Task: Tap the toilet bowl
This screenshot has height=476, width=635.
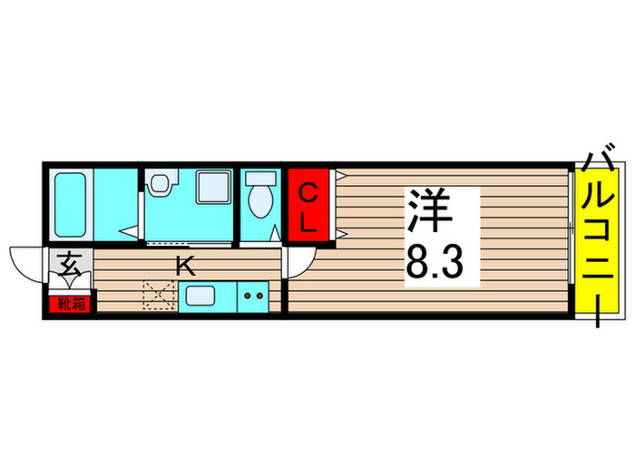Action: pos(259,199)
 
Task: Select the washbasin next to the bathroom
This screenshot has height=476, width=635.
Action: pos(161,184)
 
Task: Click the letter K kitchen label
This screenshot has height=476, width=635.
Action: pos(184,266)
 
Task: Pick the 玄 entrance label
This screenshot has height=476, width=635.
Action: pos(69,266)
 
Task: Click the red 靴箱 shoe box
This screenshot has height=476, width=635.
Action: pos(69,304)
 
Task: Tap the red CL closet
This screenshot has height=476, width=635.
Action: pos(308,207)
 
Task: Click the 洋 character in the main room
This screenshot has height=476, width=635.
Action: pos(432,214)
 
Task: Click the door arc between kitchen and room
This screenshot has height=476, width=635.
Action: pos(299,263)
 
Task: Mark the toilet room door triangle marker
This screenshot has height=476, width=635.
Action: pos(275,234)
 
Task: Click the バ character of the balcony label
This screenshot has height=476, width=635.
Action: pos(598,165)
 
